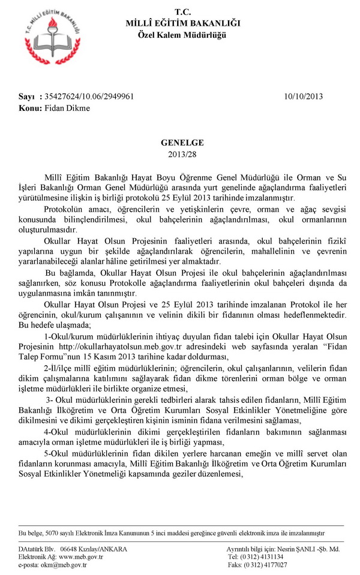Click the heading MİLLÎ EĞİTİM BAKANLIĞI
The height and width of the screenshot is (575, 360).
tap(182, 23)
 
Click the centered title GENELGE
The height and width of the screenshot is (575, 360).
tap(182, 143)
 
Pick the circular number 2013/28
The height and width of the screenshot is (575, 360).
tap(182, 154)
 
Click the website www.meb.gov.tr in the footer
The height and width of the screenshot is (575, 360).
tap(81, 556)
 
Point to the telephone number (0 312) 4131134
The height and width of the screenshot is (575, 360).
tap(264, 556)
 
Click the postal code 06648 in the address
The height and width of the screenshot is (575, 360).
tap(71, 549)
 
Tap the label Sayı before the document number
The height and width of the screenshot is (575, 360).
tap(26, 97)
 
